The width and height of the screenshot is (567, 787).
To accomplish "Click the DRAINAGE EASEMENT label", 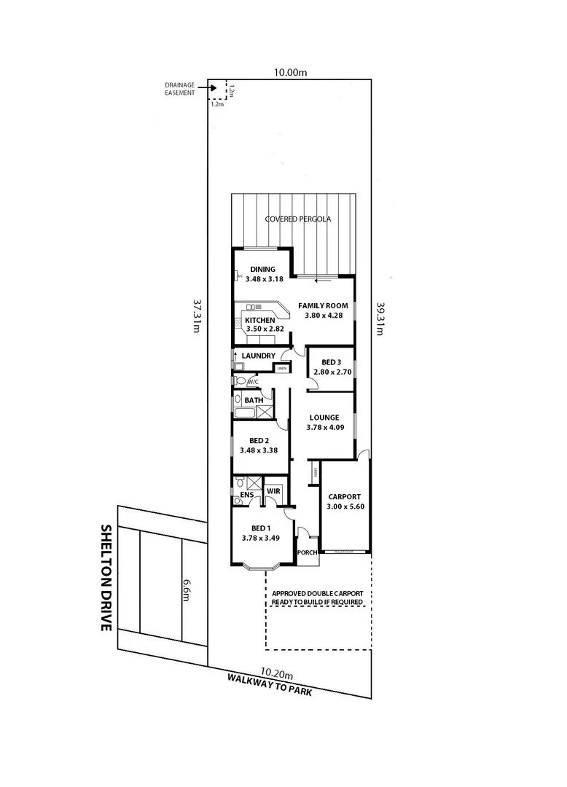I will [x=179, y=89].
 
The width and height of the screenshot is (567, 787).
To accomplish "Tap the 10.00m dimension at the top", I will [x=289, y=72].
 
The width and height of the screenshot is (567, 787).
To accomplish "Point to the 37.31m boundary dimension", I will [x=196, y=316].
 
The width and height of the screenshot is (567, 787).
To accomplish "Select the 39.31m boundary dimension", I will [x=380, y=318].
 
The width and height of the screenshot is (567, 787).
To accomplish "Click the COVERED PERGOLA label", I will [x=298, y=219].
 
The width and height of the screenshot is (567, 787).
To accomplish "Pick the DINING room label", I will [x=262, y=269].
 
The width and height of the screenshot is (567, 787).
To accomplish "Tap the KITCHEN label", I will [x=259, y=320].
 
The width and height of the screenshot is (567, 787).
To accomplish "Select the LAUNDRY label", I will [x=258, y=356].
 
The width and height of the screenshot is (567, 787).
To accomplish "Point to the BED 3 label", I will [x=331, y=362].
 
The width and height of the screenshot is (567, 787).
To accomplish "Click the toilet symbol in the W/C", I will [x=241, y=380].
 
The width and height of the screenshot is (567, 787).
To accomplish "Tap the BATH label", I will [x=253, y=400].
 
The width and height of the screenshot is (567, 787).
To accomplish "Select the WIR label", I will [x=273, y=492].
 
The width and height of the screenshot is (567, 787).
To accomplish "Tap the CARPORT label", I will [x=344, y=496].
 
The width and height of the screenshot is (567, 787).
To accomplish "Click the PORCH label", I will [x=308, y=552].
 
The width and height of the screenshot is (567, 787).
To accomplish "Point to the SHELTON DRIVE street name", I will [x=106, y=576].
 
